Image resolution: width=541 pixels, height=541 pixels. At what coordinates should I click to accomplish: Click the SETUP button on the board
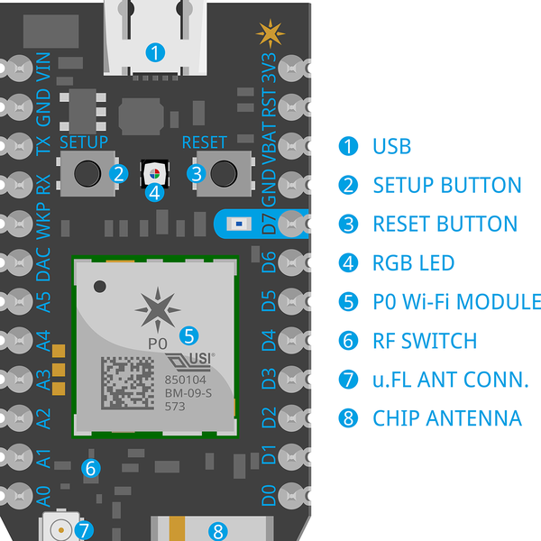tap(86, 171)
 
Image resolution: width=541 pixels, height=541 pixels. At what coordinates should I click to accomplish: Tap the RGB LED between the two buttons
tap(155, 172)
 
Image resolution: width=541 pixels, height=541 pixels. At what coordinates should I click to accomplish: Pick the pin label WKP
tap(42, 221)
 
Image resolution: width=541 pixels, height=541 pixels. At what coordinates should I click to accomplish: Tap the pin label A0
tap(42, 497)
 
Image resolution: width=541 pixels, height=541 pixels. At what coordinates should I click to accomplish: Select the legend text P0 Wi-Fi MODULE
tap(456, 302)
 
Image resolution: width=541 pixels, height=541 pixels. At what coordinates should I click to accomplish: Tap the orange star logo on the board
tap(269, 33)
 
